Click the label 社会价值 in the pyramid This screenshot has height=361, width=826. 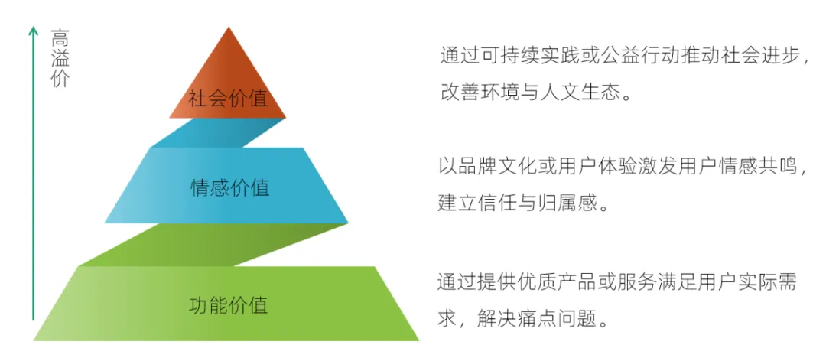click(227, 99)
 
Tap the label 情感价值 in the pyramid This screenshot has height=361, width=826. click(229, 187)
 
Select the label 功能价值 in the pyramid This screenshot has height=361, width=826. click(228, 304)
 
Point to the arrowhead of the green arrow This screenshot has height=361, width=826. click(33, 31)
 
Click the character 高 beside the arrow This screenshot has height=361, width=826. click(60, 37)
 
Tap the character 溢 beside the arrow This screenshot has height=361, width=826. click(60, 58)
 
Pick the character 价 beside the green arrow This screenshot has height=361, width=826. click(60, 79)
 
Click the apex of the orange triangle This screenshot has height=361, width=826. click(228, 29)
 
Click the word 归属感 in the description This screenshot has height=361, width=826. click(583, 203)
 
